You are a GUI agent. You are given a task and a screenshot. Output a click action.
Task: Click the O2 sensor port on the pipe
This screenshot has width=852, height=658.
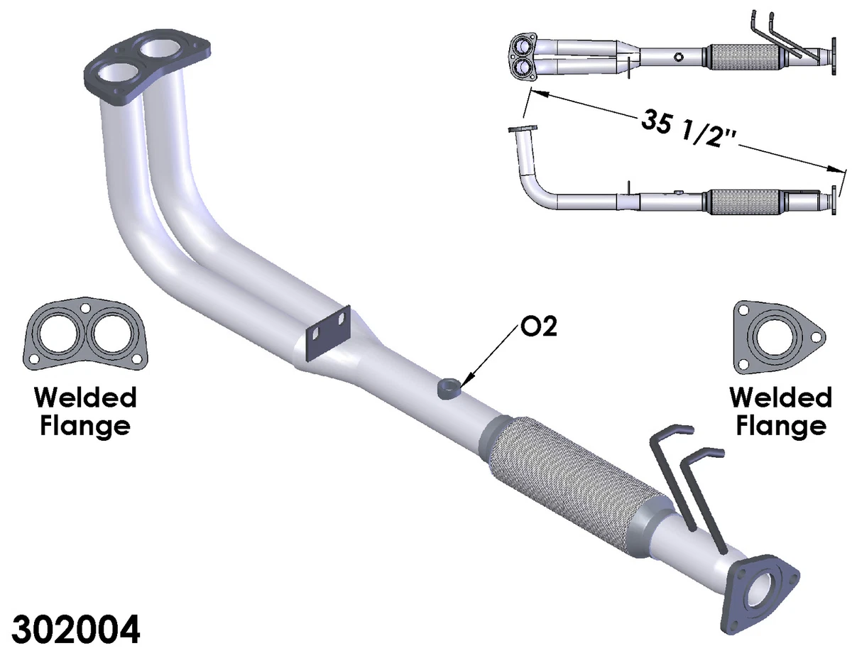click(x=449, y=388)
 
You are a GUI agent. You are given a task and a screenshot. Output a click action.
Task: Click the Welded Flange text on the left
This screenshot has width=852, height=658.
click(x=84, y=411)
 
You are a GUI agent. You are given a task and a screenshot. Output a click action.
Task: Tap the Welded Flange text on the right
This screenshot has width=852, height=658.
click(x=780, y=411)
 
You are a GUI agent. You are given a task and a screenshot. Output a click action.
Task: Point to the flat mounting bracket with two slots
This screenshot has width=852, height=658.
click(x=328, y=331)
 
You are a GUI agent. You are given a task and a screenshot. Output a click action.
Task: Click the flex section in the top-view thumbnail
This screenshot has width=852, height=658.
click(x=743, y=56)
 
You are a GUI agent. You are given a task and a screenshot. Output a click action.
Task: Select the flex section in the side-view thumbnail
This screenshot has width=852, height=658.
click(x=743, y=201)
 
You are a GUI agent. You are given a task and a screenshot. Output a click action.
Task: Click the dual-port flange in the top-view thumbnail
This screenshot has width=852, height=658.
click(x=523, y=56)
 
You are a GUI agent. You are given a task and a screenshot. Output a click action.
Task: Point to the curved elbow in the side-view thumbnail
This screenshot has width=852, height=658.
click(x=532, y=184)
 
